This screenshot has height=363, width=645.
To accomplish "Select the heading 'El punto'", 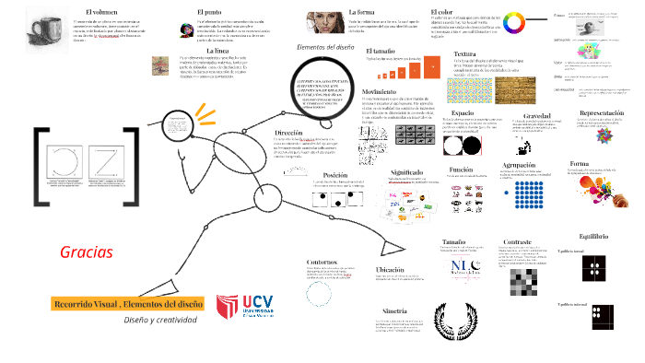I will pos(208,11).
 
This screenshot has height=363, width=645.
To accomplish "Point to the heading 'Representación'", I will pos(600,112).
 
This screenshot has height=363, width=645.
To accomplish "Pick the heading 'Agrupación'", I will pos(519,166).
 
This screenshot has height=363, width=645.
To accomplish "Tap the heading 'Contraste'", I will pos(516,241).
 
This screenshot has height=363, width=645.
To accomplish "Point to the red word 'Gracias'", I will pos(86,252).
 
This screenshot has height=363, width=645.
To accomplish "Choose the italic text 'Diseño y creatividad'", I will pos(160,320).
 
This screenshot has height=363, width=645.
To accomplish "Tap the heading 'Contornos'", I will pos(322,262).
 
